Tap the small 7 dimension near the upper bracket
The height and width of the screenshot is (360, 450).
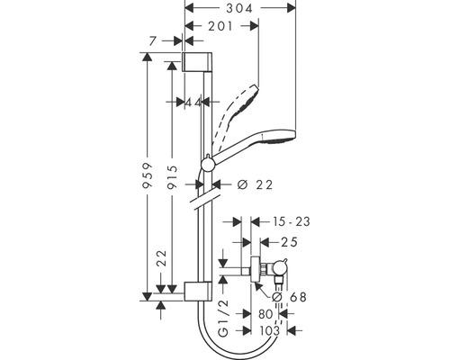[x=155, y=41]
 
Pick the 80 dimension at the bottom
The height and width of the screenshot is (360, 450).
[x=265, y=315]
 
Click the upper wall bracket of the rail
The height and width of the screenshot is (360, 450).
[x=199, y=62]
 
